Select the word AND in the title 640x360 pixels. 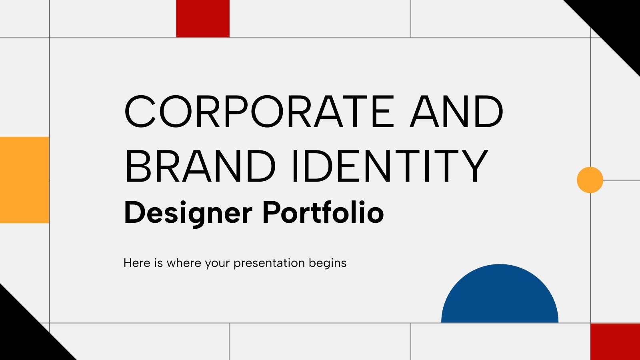(x=456, y=112)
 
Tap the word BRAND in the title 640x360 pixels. (x=200, y=166)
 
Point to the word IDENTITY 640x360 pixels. (x=390, y=166)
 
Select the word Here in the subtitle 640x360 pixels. (x=137, y=263)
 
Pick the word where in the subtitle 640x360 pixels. (x=184, y=263)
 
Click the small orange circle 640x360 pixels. (x=590, y=180)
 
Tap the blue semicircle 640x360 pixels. (x=500, y=297)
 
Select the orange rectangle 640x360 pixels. (x=24, y=180)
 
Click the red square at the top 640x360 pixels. (x=203, y=18)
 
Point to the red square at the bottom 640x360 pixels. (x=615, y=342)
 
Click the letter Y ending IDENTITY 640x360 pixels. (x=474, y=166)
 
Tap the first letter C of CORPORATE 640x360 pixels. (x=140, y=112)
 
